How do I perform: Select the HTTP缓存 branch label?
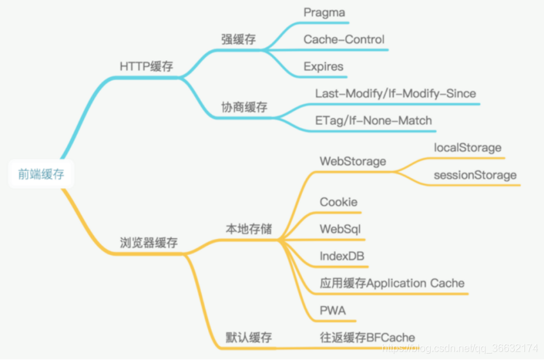(x=147, y=67)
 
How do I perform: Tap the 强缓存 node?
(x=238, y=40)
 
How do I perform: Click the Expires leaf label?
(x=323, y=67)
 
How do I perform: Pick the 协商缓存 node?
(x=244, y=107)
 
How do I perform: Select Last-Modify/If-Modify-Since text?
(x=396, y=94)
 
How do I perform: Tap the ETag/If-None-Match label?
(x=373, y=120)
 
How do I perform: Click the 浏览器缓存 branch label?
(x=148, y=243)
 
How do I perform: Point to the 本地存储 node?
(x=248, y=229)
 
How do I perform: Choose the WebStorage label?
(x=353, y=161)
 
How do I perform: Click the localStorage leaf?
(x=467, y=148)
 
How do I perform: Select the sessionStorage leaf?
(x=475, y=176)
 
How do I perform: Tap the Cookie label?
(x=339, y=202)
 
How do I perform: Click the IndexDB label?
(x=342, y=256)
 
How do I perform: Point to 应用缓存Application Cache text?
(x=392, y=283)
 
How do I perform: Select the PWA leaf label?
(x=333, y=311)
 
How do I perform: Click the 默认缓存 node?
(x=248, y=338)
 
